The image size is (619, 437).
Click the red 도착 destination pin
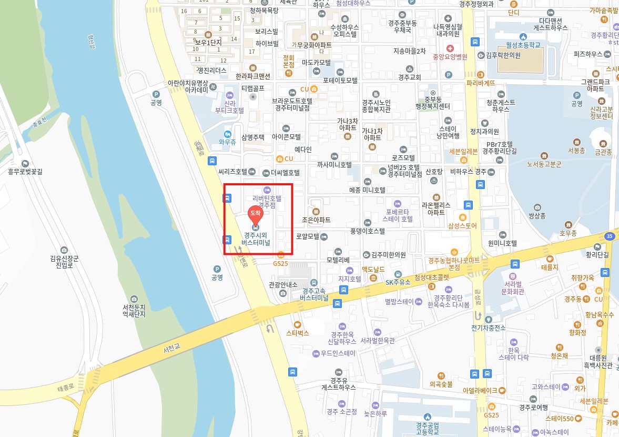click(255, 213)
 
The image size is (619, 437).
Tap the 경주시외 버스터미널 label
click(256, 239)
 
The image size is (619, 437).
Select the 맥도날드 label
click(373, 269)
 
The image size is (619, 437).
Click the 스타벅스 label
click(297, 333)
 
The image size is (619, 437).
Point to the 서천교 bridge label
click(172, 349)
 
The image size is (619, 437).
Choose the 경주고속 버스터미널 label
click(314, 294)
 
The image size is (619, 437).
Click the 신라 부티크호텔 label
click(230, 107)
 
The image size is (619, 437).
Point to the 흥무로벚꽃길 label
click(25, 171)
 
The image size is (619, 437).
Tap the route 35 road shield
click(610, 236)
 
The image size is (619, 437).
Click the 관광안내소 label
click(283, 285)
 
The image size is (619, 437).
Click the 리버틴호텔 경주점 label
click(267, 202)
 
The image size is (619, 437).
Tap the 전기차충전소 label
click(489, 327)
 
